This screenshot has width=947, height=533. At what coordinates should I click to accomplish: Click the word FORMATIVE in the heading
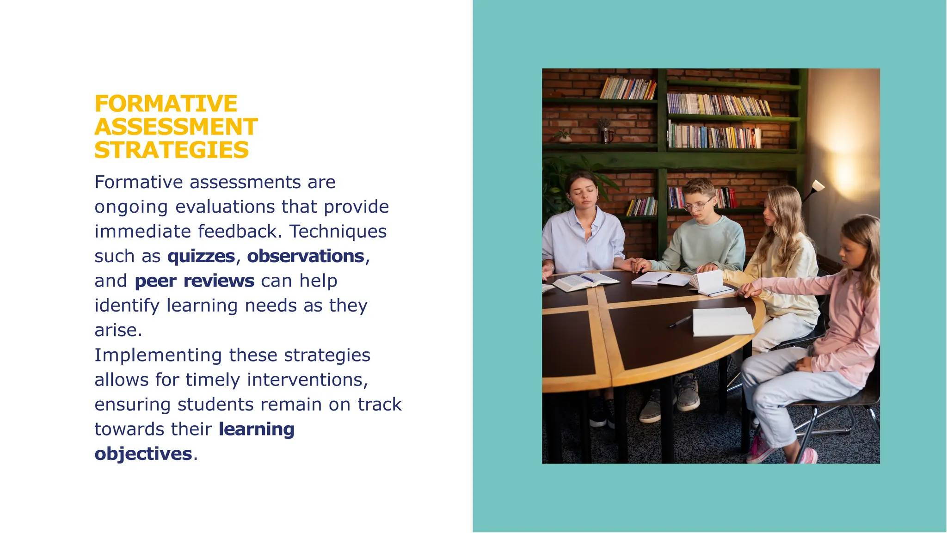(x=166, y=104)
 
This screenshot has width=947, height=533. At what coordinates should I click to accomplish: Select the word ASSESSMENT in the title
(x=176, y=127)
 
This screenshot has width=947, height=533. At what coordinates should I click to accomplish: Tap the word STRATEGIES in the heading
(x=172, y=150)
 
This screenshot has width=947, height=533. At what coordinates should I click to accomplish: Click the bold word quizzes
(x=201, y=256)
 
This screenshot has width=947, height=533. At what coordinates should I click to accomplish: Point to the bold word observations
(x=306, y=256)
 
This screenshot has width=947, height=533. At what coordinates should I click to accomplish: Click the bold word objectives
(x=143, y=453)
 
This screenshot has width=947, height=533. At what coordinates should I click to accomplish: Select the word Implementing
(x=158, y=355)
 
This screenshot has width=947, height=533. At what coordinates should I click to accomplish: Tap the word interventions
(x=307, y=380)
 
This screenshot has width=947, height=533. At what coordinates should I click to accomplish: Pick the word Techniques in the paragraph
(x=338, y=231)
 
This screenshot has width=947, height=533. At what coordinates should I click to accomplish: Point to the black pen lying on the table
(x=680, y=321)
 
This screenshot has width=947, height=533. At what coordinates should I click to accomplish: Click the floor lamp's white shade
(x=818, y=185)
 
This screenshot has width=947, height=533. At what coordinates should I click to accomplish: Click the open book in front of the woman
(x=585, y=281)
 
